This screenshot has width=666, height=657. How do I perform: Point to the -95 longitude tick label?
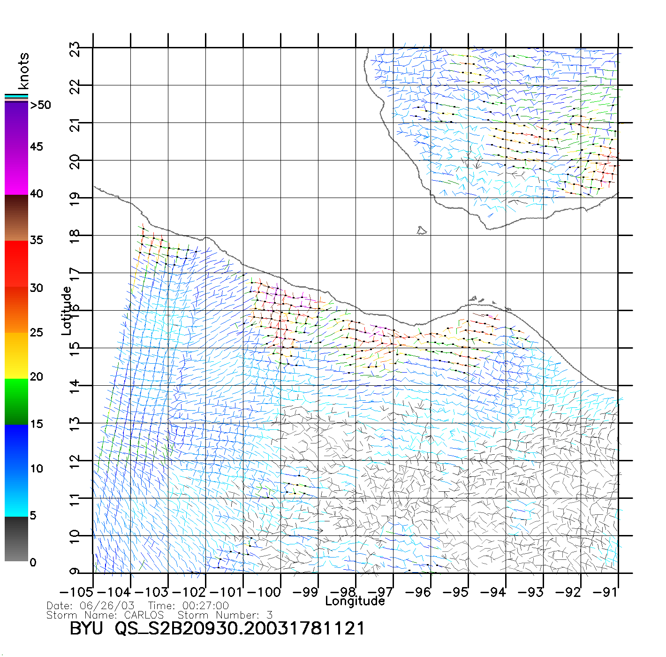pos(455,592)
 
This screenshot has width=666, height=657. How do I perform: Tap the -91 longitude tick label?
pos(605,592)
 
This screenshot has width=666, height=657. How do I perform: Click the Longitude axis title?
pos(355,601)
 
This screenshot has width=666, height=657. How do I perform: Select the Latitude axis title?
pos(67,310)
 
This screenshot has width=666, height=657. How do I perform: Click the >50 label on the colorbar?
pos(40,105)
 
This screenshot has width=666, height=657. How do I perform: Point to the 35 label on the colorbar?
pos(37,240)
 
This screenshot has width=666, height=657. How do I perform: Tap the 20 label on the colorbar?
pos(37,377)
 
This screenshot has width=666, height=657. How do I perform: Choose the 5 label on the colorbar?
pos(33,515)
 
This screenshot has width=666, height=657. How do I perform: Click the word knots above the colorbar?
pos(23,71)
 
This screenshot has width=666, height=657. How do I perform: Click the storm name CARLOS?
pos(144,615)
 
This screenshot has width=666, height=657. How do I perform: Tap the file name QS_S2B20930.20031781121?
pos(240,628)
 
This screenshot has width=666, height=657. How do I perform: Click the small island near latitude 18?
pos(421,230)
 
